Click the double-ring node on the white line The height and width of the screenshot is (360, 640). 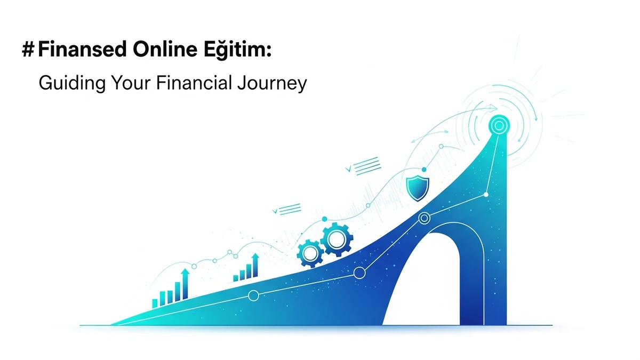pyautogui.click(x=425, y=218)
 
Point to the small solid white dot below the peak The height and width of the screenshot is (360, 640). pyautogui.click(x=486, y=195)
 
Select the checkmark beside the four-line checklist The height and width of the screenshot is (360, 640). pyautogui.click(x=349, y=169)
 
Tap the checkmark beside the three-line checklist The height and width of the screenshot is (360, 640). pyautogui.click(x=275, y=211)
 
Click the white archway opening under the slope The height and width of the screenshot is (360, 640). pyautogui.click(x=424, y=283)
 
